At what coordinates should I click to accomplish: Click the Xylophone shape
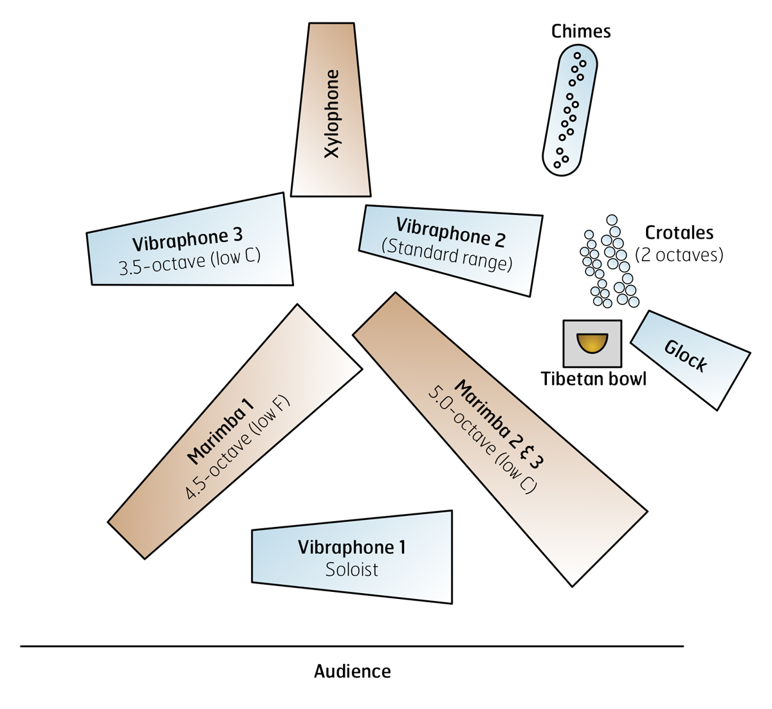(331, 110)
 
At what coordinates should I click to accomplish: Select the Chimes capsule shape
(569, 110)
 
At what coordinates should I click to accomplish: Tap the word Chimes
(581, 31)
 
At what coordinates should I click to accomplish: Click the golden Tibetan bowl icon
(592, 343)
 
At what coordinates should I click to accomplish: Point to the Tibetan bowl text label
(593, 379)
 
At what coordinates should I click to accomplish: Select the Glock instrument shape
(690, 360)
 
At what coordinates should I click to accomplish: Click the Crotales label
(679, 232)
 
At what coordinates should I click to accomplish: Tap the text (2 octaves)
(679, 255)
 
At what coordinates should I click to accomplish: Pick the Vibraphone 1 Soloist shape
(352, 557)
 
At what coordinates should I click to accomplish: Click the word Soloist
(352, 569)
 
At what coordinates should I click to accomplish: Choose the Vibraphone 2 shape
(450, 250)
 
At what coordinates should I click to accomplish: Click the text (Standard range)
(447, 255)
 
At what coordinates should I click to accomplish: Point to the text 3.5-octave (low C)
(190, 262)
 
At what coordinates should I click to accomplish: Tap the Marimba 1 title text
(221, 432)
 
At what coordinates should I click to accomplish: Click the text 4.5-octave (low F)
(237, 447)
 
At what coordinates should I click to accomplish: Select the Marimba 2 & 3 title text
(499, 424)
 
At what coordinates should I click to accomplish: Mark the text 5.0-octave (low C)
(482, 440)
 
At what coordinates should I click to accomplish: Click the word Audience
(352, 672)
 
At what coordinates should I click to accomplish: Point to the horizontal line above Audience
(352, 646)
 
